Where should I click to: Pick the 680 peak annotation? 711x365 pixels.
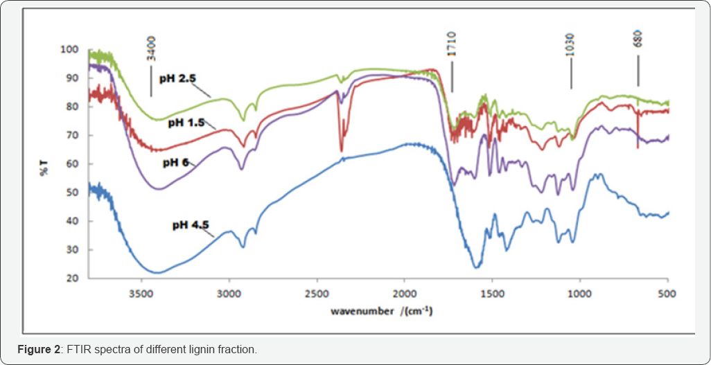tap(638, 38)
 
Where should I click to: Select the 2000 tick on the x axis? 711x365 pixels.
tap(405, 294)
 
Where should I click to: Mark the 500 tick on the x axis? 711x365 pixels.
tap(668, 294)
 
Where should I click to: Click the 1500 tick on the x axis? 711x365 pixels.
tap(493, 294)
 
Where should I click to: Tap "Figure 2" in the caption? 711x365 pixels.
tap(39, 349)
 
